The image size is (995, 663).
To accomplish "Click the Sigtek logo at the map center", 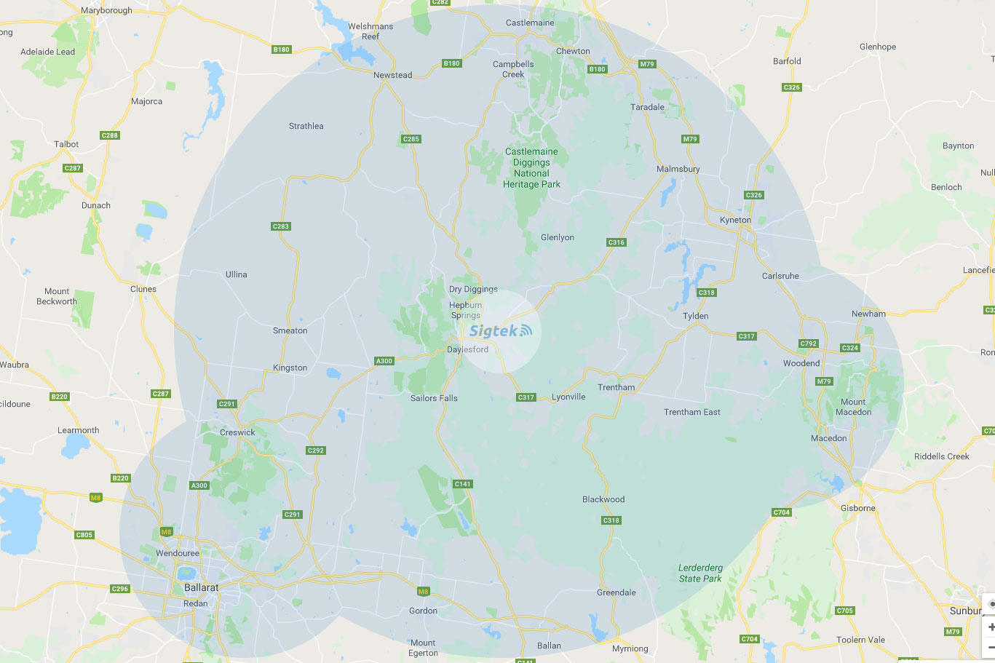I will (x=500, y=331).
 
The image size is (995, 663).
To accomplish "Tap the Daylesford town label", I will (x=467, y=349).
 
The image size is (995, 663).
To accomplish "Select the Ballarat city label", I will (x=201, y=587).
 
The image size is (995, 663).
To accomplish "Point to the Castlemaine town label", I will (x=530, y=23).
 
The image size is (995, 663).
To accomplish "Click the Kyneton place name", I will (x=735, y=220).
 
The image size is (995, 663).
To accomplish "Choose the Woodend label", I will (x=801, y=363).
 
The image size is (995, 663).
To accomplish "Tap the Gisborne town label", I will (x=858, y=508).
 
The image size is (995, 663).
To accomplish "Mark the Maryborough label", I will (x=106, y=10).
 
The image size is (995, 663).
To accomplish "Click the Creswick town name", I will (x=237, y=432).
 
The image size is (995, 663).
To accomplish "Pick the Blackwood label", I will (x=603, y=499).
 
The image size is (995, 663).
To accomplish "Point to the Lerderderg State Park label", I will (x=700, y=573).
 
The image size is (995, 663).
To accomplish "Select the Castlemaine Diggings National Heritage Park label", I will (x=531, y=168).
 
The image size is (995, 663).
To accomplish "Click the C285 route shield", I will (x=411, y=139).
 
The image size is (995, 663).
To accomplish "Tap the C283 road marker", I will (x=281, y=226).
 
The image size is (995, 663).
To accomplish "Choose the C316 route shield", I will (x=616, y=242).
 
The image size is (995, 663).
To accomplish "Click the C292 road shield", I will (x=316, y=450).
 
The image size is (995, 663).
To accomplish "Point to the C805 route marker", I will (x=84, y=535).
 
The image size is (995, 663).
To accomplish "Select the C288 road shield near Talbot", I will (x=110, y=135).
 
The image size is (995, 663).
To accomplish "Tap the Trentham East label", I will (x=691, y=412).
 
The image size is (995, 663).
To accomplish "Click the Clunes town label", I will (x=143, y=289).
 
